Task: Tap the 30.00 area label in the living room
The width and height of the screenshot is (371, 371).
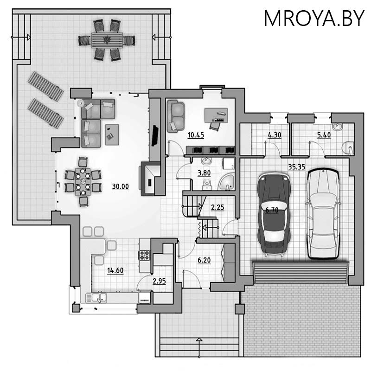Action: pyautogui.click(x=120, y=186)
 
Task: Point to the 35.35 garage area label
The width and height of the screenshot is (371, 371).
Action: pyautogui.click(x=296, y=167)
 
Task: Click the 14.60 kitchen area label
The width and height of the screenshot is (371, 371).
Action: pyautogui.click(x=115, y=270)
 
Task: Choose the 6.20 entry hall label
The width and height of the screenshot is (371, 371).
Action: pyautogui.click(x=205, y=260)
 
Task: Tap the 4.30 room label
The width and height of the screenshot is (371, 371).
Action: pyautogui.click(x=274, y=135)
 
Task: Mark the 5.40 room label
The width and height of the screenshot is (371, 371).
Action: pyautogui.click(x=323, y=135)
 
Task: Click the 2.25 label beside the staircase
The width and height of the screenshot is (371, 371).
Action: pyautogui.click(x=217, y=207)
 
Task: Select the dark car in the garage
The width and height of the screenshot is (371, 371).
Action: pyautogui.click(x=274, y=214)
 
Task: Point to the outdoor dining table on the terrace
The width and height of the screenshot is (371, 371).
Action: pyautogui.click(x=106, y=39)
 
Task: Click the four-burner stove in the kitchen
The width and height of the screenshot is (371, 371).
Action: pyautogui.click(x=144, y=255)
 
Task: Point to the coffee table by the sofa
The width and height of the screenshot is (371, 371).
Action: pyautogui.click(x=112, y=132)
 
